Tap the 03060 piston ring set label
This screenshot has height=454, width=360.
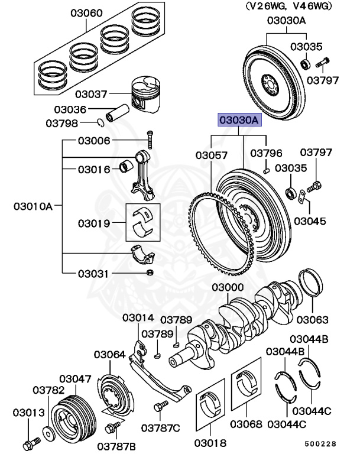[86, 12]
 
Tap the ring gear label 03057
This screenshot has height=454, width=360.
[211, 155]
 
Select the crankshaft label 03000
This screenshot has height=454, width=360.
[228, 288]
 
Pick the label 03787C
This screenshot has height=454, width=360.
[164, 427]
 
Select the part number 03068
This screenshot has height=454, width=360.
[246, 424]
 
